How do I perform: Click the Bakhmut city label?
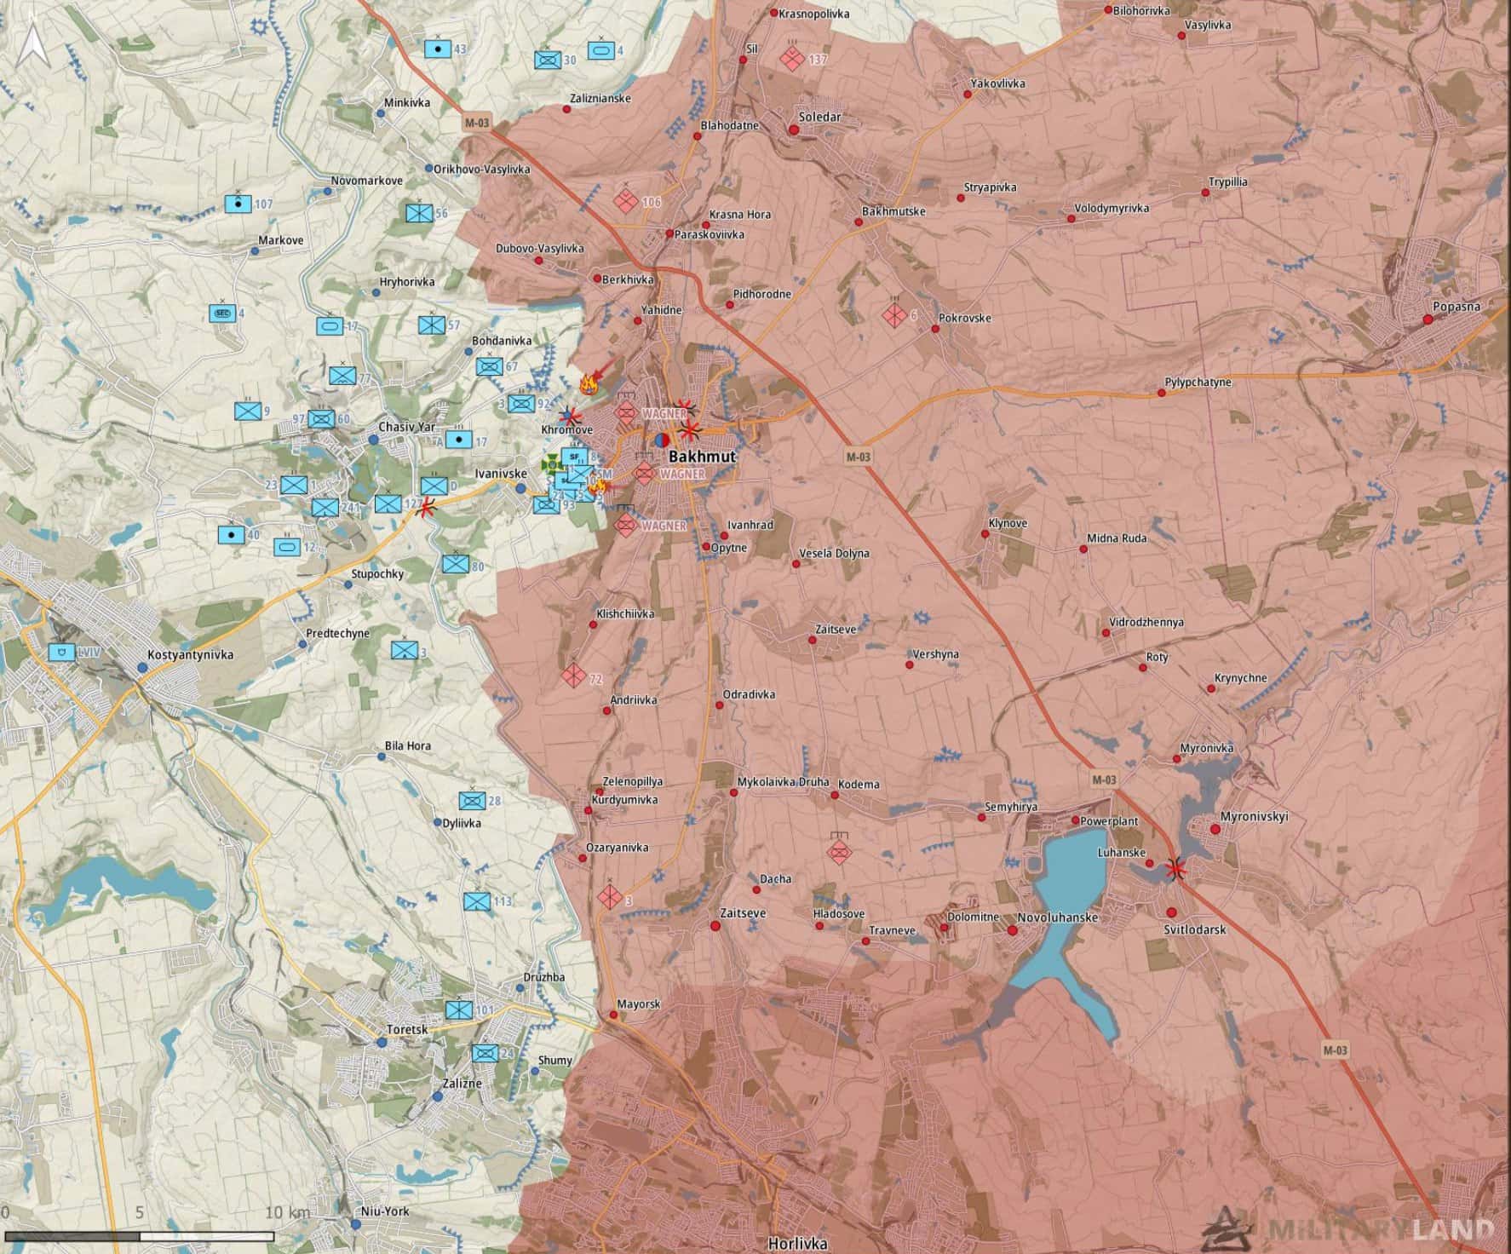[702, 457]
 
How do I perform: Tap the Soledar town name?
[819, 117]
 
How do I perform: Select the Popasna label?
[1456, 306]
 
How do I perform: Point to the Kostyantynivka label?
[190, 654]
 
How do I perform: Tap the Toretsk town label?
[406, 1029]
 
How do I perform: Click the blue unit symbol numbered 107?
[238, 204]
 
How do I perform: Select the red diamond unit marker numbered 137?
[792, 59]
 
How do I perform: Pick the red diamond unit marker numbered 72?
[573, 676]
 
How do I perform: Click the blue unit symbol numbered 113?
[477, 901]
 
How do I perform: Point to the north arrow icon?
[32, 44]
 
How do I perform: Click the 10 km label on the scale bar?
[287, 1211]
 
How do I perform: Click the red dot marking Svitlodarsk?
[1172, 912]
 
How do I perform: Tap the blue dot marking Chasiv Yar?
[372, 440]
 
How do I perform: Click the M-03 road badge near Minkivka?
[477, 124]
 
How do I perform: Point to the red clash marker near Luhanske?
[1176, 868]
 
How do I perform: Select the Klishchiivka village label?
[625, 613]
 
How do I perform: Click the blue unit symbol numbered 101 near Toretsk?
[458, 1010]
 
